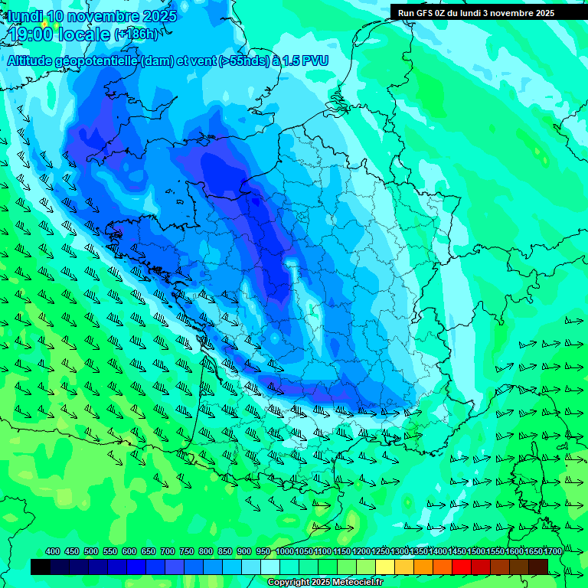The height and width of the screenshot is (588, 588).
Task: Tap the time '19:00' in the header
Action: tap(30, 34)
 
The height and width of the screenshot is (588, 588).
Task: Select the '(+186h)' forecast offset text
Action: tap(136, 34)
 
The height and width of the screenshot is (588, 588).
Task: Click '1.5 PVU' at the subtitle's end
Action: tap(306, 61)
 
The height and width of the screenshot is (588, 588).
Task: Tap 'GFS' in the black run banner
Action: tap(426, 12)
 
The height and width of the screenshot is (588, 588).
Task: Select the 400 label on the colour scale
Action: tap(53, 552)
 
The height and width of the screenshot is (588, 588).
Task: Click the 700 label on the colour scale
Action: tap(168, 552)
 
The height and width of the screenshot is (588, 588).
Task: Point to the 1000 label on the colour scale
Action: tap(285, 552)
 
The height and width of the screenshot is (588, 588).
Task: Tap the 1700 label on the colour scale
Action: tap(553, 552)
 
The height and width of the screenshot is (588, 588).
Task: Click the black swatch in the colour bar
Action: tap(41, 567)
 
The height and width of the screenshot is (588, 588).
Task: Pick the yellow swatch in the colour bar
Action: tap(385, 567)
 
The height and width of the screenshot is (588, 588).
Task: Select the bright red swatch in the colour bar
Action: tap(462, 567)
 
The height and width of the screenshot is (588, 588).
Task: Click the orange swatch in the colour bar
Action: tap(423, 567)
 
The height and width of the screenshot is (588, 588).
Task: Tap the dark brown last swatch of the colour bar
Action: tap(538, 567)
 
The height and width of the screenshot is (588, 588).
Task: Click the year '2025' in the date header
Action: tap(157, 16)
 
